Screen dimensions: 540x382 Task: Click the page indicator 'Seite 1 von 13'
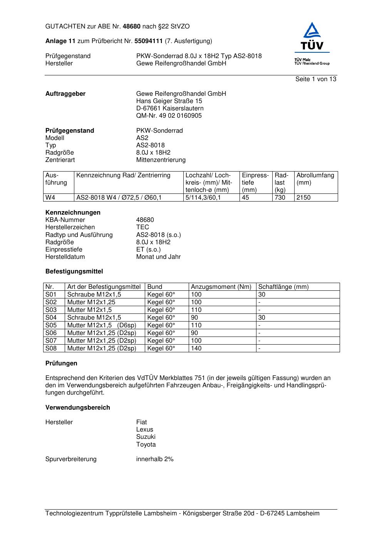(315, 79)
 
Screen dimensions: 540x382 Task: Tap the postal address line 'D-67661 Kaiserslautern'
(170, 108)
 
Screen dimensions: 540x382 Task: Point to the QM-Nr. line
(169, 116)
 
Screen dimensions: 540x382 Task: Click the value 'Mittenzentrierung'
(161, 160)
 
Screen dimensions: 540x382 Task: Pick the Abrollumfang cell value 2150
(303, 198)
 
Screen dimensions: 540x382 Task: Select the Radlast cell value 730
(280, 198)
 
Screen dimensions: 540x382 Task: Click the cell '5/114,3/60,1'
(203, 198)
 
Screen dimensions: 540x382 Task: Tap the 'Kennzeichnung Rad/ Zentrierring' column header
(123, 175)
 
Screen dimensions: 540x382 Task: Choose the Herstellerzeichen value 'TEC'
(142, 227)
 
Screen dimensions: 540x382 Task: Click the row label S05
(51, 325)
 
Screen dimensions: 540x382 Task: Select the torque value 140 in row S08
(196, 348)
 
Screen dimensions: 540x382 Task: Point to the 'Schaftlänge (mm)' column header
(283, 287)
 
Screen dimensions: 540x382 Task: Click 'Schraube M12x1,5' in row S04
(94, 318)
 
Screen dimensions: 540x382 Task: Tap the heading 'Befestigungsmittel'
(74, 272)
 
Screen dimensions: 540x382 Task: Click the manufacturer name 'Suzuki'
(146, 437)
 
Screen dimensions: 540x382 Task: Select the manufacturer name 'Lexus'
(144, 430)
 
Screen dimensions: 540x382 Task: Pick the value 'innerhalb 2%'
(154, 459)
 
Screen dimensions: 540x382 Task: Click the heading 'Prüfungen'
(61, 363)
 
